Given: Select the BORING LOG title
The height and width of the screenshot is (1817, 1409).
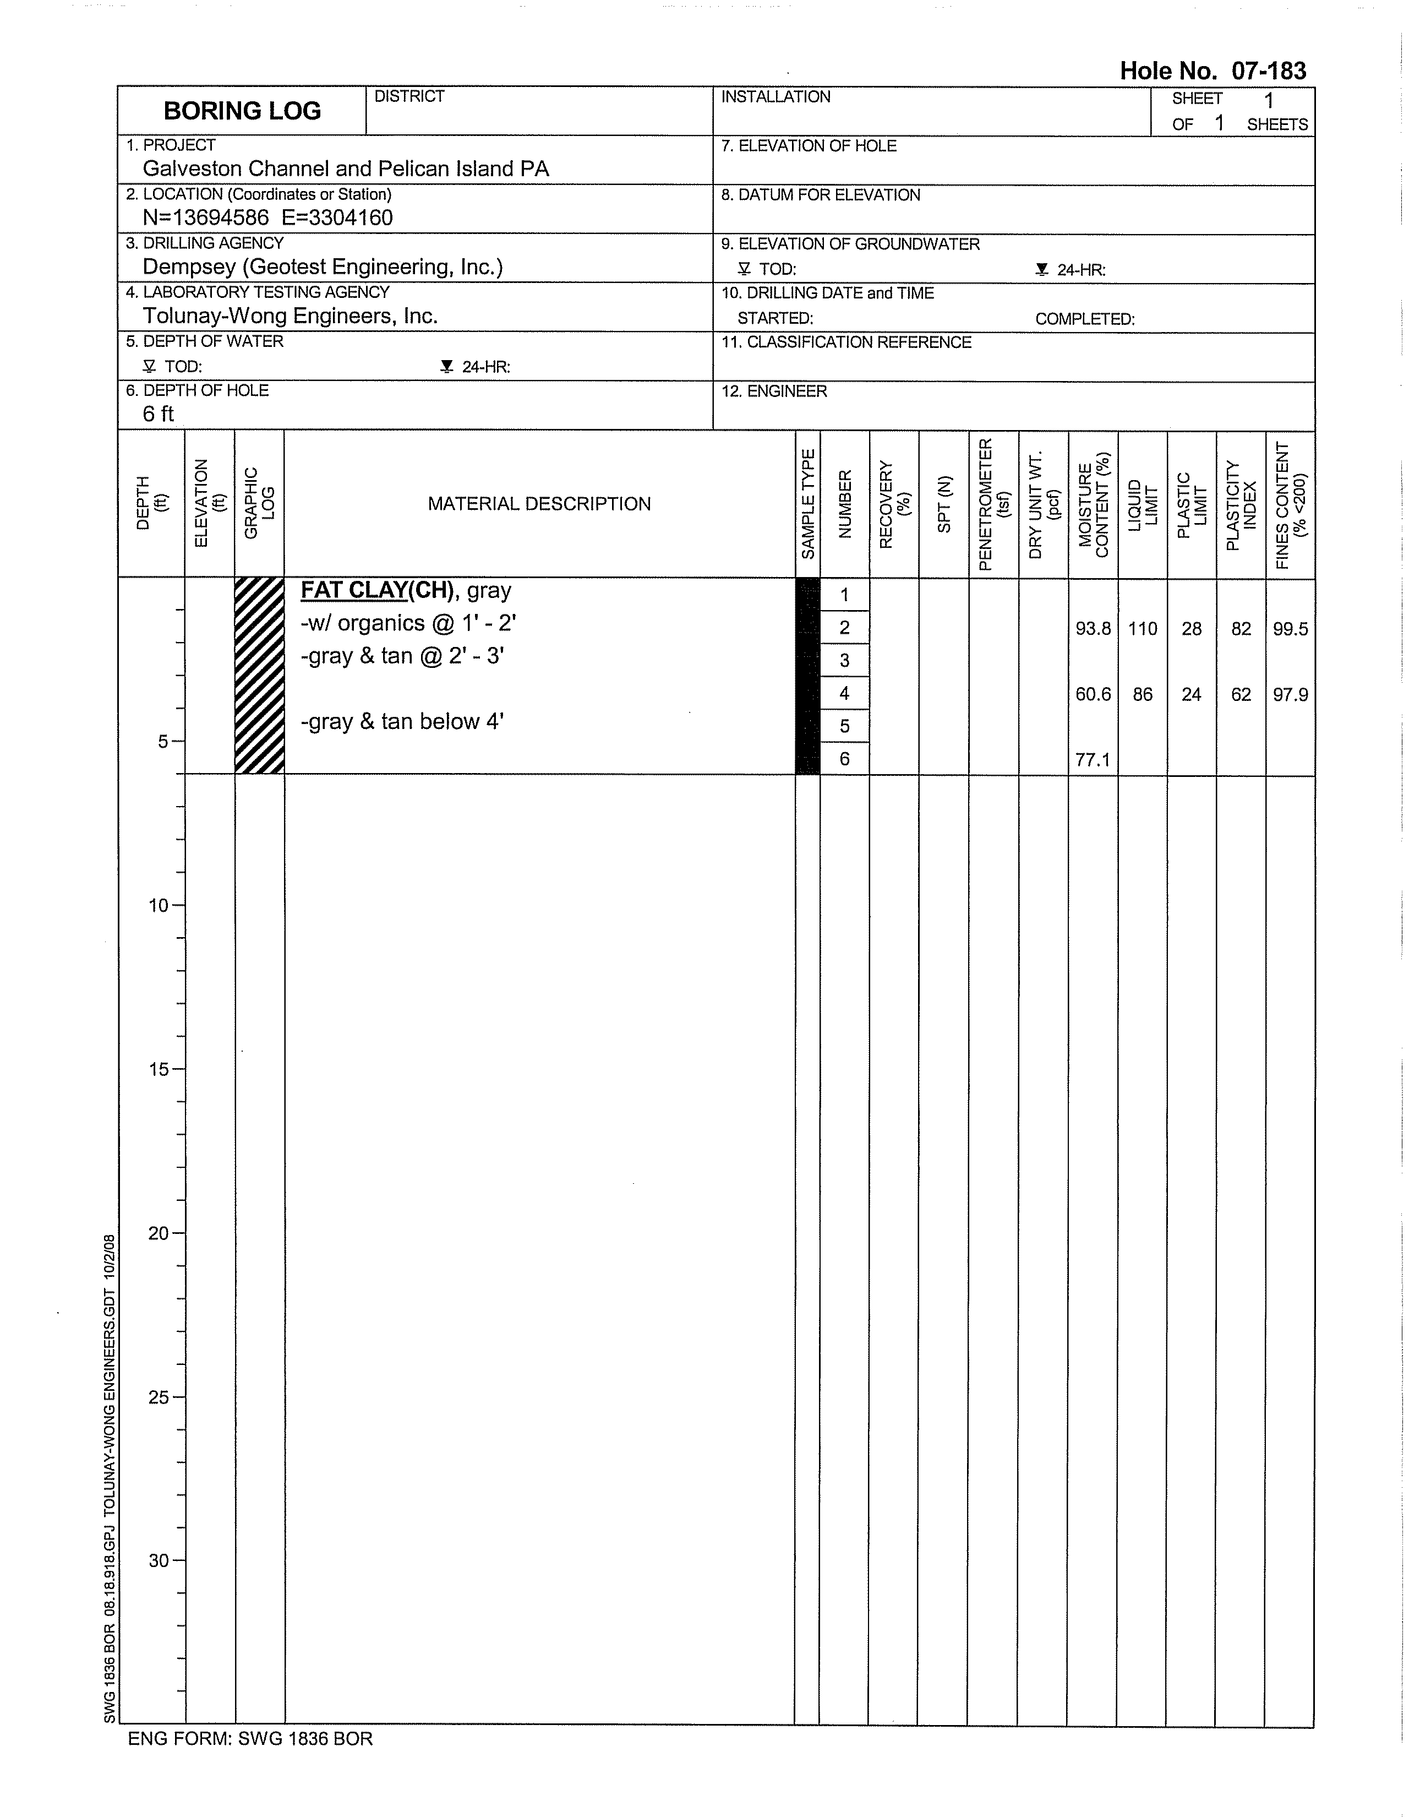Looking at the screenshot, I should pyautogui.click(x=242, y=111).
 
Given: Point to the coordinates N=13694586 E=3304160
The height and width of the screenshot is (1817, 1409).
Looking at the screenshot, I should pyautogui.click(x=268, y=218).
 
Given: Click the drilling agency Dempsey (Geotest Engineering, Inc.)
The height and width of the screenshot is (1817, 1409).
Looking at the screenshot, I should pyautogui.click(x=323, y=267).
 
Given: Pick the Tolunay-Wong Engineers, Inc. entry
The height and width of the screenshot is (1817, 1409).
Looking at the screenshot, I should pyautogui.click(x=290, y=316).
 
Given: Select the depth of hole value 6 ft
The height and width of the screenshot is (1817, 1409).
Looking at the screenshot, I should pyautogui.click(x=158, y=414).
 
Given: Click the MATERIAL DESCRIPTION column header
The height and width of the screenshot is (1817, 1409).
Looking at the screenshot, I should pyautogui.click(x=539, y=504).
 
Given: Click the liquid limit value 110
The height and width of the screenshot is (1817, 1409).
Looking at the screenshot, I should pyautogui.click(x=1143, y=629).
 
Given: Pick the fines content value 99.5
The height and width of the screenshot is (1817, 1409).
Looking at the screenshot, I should pyautogui.click(x=1290, y=629).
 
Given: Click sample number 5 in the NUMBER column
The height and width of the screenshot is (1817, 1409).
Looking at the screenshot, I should pyautogui.click(x=844, y=726).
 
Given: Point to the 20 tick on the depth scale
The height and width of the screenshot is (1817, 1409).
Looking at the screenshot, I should pyautogui.click(x=159, y=1233).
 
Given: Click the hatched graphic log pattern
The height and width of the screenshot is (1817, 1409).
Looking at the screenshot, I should pyautogui.click(x=259, y=676).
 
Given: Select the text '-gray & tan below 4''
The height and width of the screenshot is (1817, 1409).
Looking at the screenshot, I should pyautogui.click(x=402, y=721).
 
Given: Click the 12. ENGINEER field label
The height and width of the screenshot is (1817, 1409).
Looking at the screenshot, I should pyautogui.click(x=774, y=391).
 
